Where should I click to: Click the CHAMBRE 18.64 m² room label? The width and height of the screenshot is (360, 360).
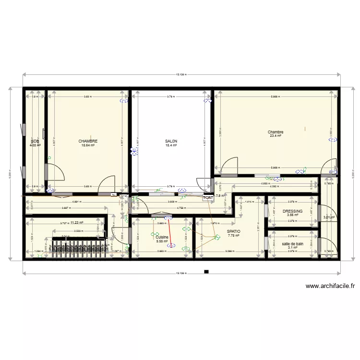tap(88, 141)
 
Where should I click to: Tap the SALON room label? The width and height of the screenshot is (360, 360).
tap(171, 141)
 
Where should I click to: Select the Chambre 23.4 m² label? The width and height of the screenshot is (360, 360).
tap(276, 132)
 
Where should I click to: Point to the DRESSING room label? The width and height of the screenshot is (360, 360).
tap(292, 211)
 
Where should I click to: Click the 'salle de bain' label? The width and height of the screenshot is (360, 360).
tap(292, 243)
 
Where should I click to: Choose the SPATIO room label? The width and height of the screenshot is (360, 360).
tap(234, 231)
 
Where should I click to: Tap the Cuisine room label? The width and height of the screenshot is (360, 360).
tap(162, 237)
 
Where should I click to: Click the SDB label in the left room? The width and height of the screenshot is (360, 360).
tap(35, 141)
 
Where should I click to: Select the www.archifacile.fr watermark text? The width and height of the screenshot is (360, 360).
tap(331, 286)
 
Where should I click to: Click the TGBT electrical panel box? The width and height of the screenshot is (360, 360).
tap(208, 197)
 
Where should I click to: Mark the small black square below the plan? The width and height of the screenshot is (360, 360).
tap(206, 272)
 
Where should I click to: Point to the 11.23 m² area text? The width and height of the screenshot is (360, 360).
tap(77, 223)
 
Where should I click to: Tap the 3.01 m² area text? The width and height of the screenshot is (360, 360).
tap(329, 217)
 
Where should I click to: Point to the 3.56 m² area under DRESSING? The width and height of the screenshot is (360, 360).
tap(292, 215)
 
